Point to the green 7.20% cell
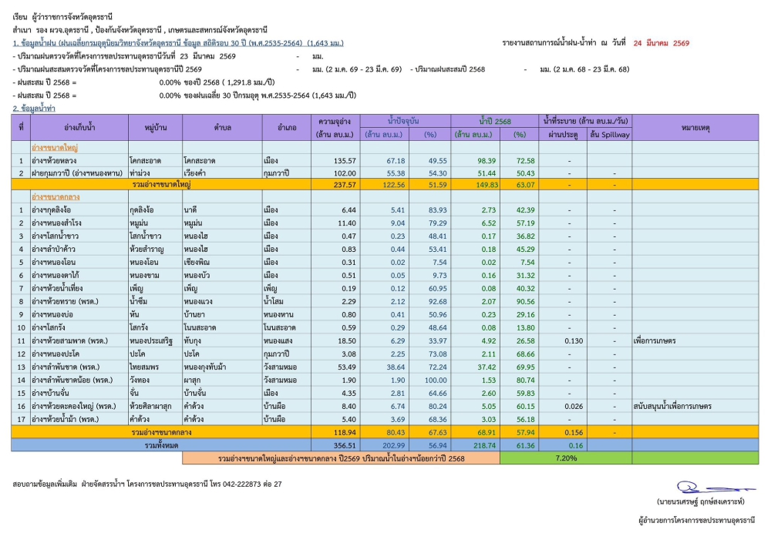[565, 458]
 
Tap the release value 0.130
[574, 340]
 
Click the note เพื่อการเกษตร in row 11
[654, 340]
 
